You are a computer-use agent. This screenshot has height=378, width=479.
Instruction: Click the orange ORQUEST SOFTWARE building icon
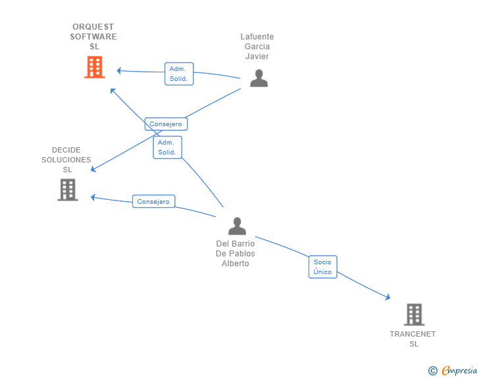pos(95,67)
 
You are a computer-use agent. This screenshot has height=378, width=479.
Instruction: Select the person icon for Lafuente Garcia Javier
pos(259,78)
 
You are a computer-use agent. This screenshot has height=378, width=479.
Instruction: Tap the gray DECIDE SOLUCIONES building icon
pos(67,190)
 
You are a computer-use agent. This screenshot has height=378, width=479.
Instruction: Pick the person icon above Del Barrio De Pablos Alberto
pos(237,226)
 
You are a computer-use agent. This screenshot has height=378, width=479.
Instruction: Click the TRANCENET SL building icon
pos(414,315)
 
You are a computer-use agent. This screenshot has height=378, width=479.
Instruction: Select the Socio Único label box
pos(322,267)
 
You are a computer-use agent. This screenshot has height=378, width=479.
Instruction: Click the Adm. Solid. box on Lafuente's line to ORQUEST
pos(178,74)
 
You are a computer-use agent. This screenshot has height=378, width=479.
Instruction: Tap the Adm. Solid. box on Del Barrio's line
pos(167,147)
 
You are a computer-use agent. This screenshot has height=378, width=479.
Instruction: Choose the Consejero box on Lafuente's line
pos(166,124)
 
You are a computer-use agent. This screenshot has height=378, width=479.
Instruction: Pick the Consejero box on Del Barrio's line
pos(153,202)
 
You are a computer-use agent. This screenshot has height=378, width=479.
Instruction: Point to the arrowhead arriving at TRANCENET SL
pos(388,298)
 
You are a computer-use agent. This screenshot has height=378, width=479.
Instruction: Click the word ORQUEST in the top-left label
pos(93,27)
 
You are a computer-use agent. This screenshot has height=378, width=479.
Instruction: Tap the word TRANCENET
pos(413,334)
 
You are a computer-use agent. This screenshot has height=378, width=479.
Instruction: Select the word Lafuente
pos(257,37)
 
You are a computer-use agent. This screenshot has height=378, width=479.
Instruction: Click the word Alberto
pos(236,264)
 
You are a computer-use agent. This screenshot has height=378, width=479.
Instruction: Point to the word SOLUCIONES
pos(66,160)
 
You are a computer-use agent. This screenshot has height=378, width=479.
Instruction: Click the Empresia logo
pos(459,371)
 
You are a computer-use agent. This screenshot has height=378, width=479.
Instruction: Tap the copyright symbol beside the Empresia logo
pos(433,371)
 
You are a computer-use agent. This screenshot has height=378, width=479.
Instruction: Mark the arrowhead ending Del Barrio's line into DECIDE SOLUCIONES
pos(93,197)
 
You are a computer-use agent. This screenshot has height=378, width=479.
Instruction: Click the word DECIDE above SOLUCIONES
pos(66,150)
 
